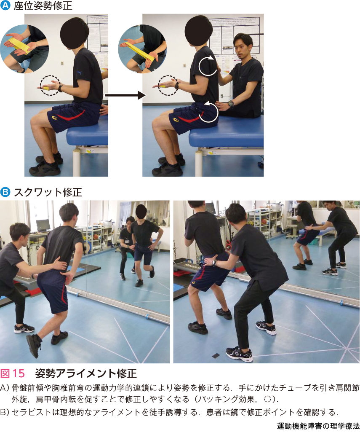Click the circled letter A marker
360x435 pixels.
[x=5, y=5]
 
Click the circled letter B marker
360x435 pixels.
[x=5, y=192]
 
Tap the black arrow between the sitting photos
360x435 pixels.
[x=125, y=95]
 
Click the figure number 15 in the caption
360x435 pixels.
[x=19, y=373]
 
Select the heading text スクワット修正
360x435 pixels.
[x=48, y=192]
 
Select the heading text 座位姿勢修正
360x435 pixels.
[x=43, y=5]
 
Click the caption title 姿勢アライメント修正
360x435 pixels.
[x=86, y=373]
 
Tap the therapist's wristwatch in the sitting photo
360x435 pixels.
[x=231, y=104]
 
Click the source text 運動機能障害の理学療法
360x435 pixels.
[x=318, y=426]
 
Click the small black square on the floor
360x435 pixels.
[x=215, y=355]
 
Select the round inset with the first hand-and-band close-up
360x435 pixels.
[x=24, y=49]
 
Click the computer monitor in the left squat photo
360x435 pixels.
[x=43, y=226]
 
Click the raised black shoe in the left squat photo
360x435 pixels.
[x=34, y=345]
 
